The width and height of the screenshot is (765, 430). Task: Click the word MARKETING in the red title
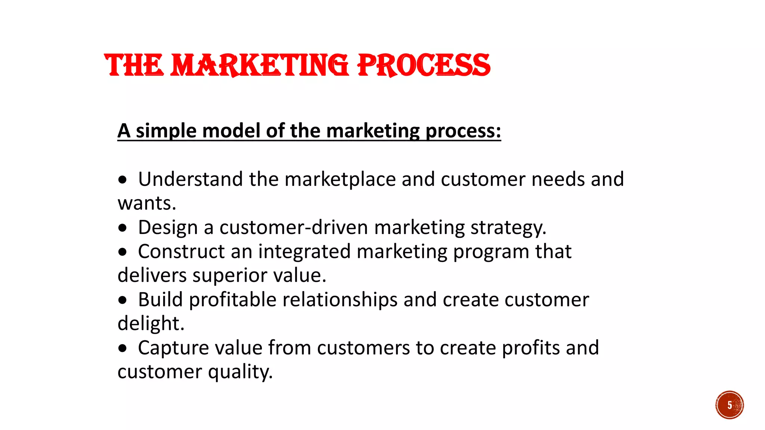259,65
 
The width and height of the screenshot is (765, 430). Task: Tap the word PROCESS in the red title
424,65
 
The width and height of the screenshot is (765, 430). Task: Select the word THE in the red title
134,65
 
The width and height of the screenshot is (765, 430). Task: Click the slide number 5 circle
729,405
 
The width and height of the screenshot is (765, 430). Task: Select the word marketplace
340,180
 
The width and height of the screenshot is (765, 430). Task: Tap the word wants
146,203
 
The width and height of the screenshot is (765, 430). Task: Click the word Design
168,228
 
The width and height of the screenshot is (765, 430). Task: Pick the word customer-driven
294,227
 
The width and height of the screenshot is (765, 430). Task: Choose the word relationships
340,300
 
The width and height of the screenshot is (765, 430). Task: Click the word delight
151,324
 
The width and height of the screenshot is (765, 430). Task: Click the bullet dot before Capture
123,349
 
